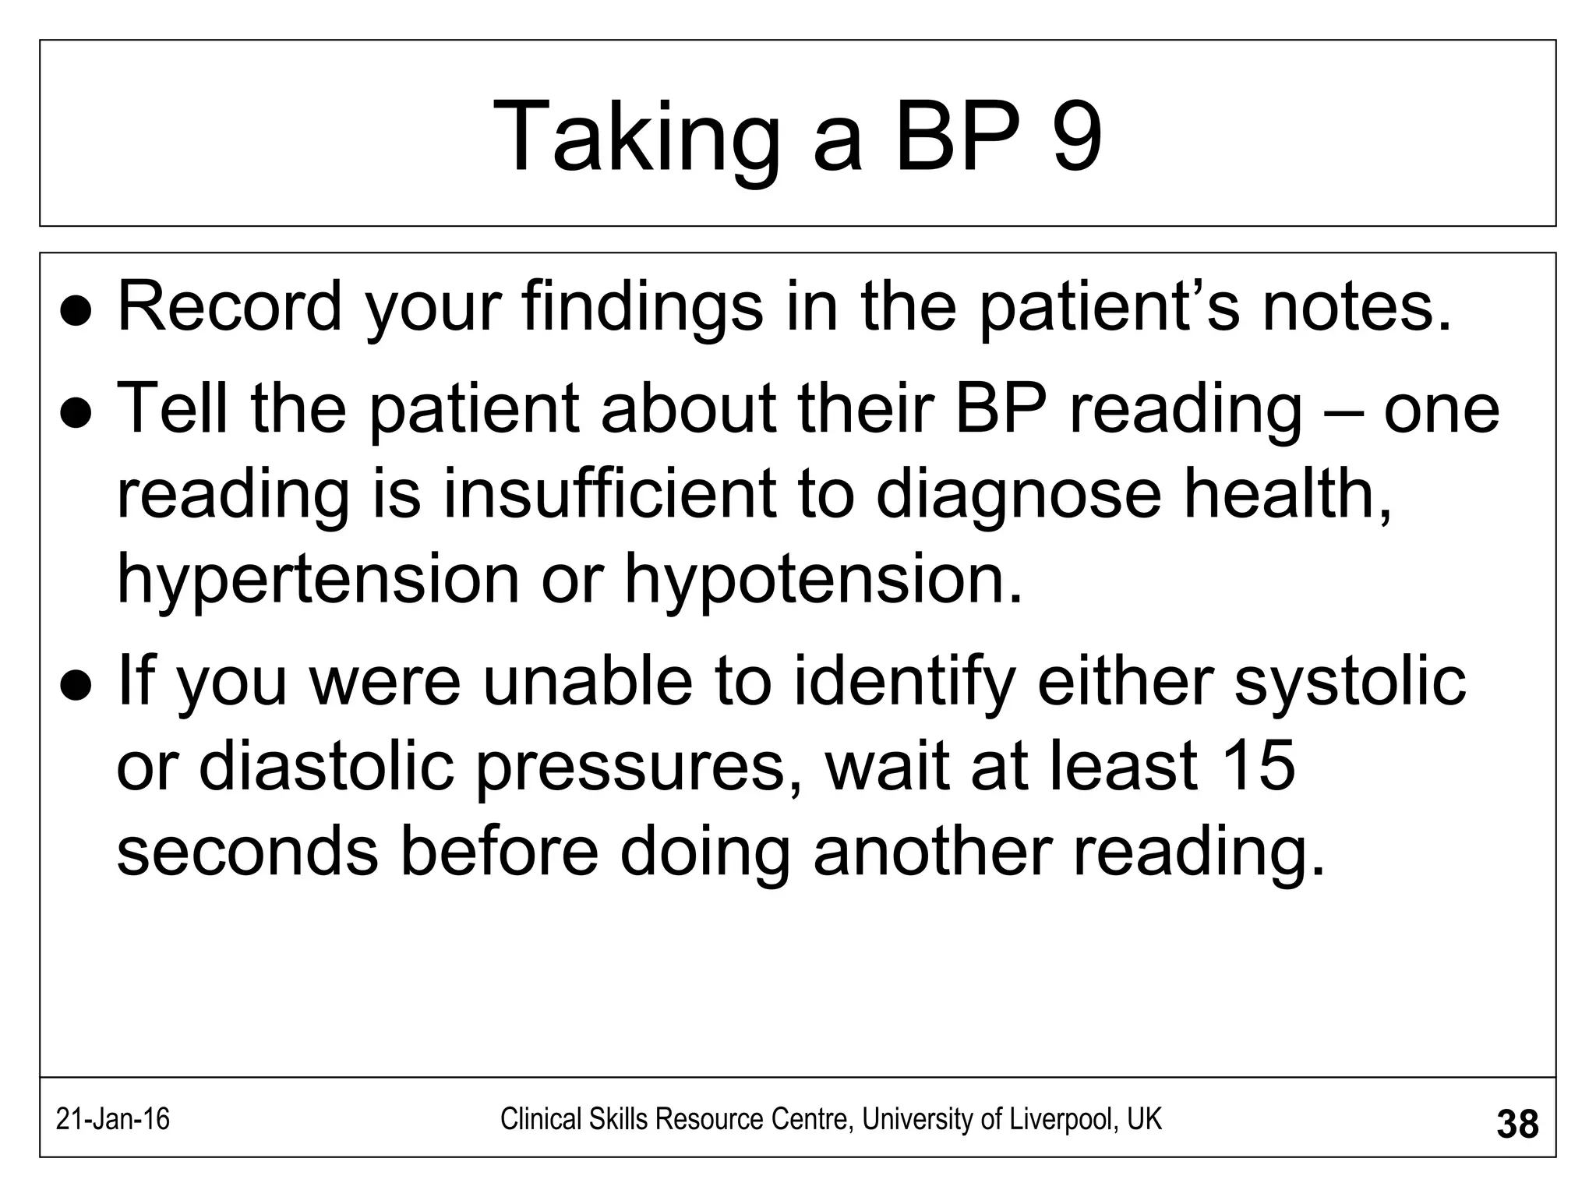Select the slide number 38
(1517, 1125)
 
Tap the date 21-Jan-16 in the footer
(113, 1120)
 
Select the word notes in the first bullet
(1357, 307)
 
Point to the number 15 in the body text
(1257, 766)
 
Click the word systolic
(1350, 681)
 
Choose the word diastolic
(327, 766)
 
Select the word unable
(588, 681)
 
